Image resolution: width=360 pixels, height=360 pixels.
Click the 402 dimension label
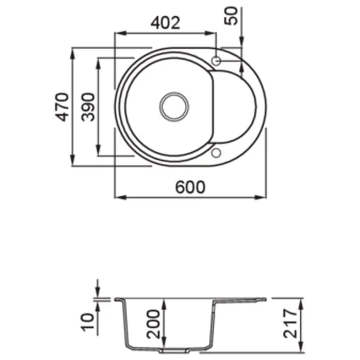(x=166, y=23)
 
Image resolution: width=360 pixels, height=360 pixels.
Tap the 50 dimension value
(x=231, y=16)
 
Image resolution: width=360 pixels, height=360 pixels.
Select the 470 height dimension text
(x=62, y=107)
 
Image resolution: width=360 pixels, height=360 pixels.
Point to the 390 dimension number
(x=88, y=107)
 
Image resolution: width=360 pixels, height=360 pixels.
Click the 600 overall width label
(x=190, y=187)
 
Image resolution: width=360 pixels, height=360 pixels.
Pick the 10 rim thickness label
(x=88, y=322)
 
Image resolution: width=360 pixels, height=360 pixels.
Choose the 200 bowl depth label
(x=154, y=324)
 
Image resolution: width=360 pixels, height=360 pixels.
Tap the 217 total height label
(x=290, y=323)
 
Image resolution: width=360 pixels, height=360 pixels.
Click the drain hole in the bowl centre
(x=174, y=107)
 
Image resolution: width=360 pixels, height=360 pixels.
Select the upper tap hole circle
(x=216, y=61)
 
